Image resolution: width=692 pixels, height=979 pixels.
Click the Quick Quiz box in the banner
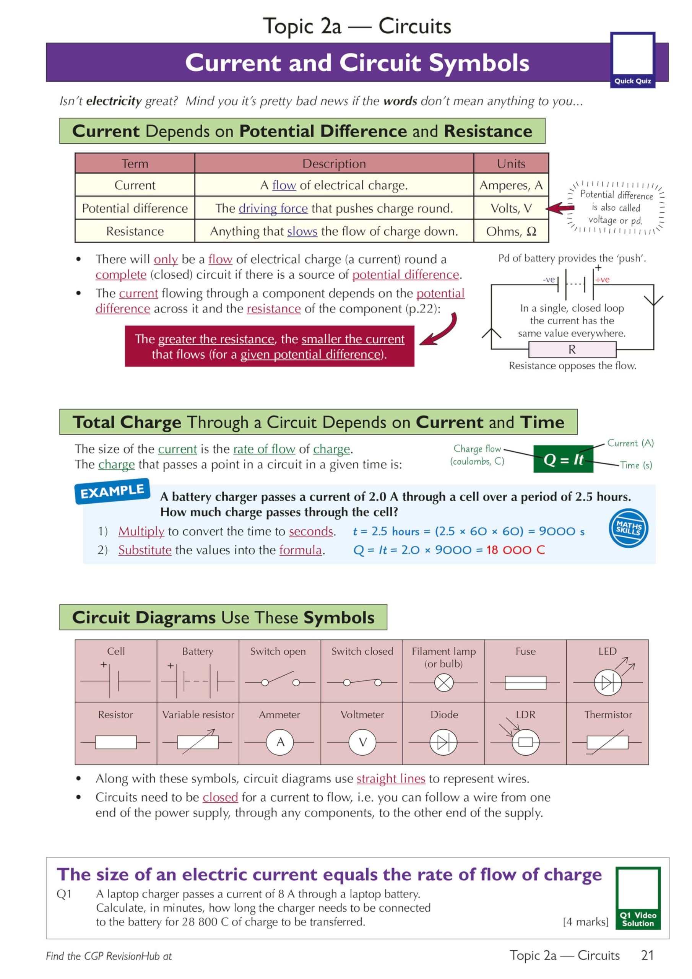pyautogui.click(x=632, y=60)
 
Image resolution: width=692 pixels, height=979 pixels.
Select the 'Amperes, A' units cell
pyautogui.click(x=511, y=185)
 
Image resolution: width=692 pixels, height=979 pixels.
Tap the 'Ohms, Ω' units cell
pyautogui.click(x=511, y=231)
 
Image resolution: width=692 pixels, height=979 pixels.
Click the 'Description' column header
pyautogui.click(x=334, y=163)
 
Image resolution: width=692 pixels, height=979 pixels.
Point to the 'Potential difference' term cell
pyautogui.click(x=135, y=208)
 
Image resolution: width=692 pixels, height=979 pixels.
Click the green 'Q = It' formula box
pyautogui.click(x=563, y=459)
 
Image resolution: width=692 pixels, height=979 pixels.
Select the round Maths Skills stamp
pyautogui.click(x=628, y=528)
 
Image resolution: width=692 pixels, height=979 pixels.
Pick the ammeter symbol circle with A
pyautogui.click(x=280, y=742)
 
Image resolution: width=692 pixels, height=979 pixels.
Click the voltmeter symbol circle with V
pyautogui.click(x=362, y=742)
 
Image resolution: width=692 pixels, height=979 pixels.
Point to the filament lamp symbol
pyautogui.click(x=443, y=683)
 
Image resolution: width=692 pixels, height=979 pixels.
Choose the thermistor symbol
pyautogui.click(x=607, y=742)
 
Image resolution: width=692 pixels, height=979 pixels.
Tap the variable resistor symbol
pyautogui.click(x=198, y=742)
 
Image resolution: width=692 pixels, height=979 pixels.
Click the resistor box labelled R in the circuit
pyautogui.click(x=572, y=350)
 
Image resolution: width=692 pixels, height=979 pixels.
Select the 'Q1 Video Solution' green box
pyautogui.click(x=638, y=898)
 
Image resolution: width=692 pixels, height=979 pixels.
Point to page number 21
pyautogui.click(x=647, y=956)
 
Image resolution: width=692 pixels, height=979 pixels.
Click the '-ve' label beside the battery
pyautogui.click(x=549, y=280)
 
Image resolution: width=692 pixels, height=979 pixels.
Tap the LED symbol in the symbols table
pyautogui.click(x=608, y=683)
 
